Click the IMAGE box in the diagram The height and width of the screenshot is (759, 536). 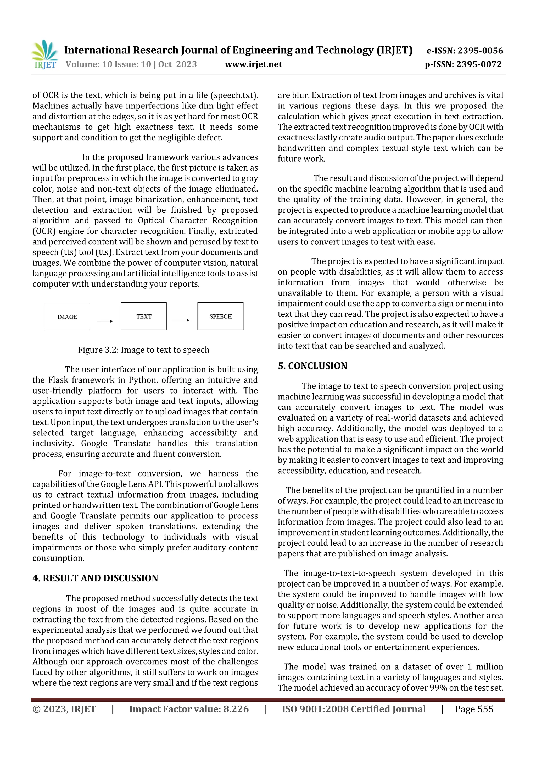tap(67, 316)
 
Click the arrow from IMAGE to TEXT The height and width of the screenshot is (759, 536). tap(105, 321)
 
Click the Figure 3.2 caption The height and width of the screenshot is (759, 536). tap(143, 350)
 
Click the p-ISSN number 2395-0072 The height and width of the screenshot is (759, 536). tap(479, 64)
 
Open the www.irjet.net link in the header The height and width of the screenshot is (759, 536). tap(253, 64)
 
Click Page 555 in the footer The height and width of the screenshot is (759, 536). tap(474, 709)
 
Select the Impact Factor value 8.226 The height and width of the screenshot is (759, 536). tap(236, 709)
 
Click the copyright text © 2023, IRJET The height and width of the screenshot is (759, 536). tap(64, 709)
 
